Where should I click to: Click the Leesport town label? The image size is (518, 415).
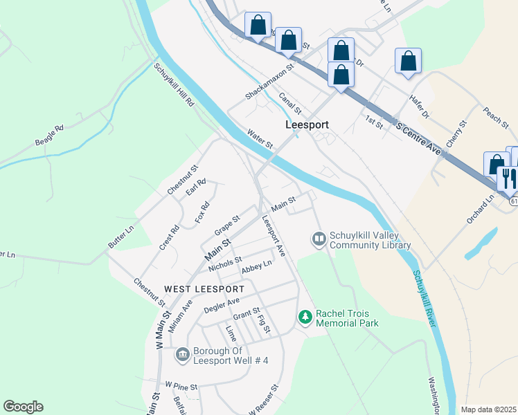[307, 125]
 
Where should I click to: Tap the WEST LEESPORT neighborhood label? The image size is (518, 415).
[204, 288]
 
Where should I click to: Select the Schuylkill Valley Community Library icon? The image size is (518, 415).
[319, 239]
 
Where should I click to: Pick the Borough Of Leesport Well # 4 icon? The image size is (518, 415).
[182, 355]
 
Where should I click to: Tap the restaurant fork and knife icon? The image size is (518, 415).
[510, 178]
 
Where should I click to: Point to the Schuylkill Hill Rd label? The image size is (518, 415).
[175, 84]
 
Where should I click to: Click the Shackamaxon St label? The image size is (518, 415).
[269, 80]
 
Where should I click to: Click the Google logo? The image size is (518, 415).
[23, 407]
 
